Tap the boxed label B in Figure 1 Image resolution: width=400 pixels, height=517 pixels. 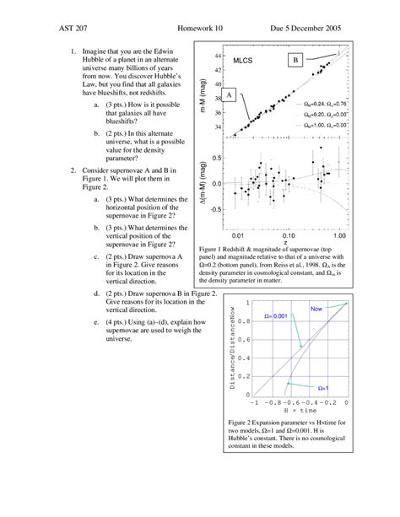[295, 61]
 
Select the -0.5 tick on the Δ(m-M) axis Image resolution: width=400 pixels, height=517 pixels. [215, 209]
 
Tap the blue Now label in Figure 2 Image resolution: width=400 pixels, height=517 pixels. [317, 310]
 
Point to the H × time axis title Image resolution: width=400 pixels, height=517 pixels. [292, 410]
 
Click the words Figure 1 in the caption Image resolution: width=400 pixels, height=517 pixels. [214, 250]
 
